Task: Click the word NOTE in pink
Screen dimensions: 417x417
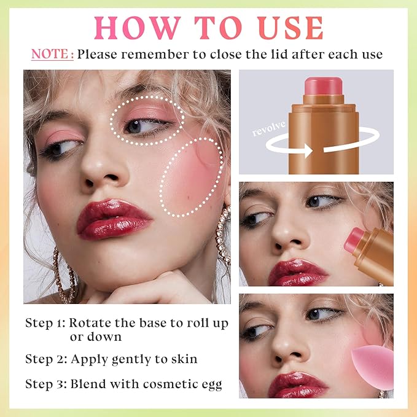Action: [x=52, y=54]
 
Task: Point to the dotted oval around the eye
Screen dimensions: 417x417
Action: [x=147, y=119]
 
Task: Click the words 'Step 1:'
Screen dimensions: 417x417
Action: [x=44, y=323]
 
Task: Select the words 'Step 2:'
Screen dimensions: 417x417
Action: [x=44, y=359]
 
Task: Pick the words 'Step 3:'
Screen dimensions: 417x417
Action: [x=44, y=384]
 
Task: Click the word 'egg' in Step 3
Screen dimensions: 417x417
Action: [x=209, y=386]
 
